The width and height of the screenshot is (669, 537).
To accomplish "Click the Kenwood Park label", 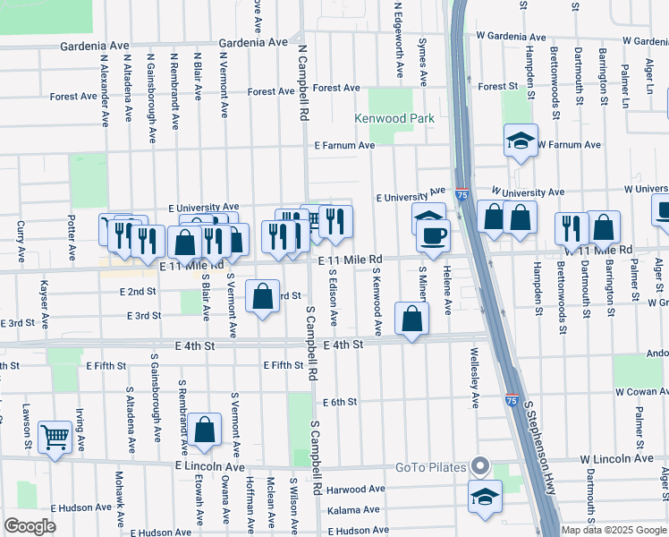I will (x=394, y=118).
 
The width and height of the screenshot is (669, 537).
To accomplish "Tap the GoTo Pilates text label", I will (x=433, y=467).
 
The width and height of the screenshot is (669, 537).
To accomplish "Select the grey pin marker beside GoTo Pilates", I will (x=480, y=466).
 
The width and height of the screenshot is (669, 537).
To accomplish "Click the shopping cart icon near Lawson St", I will (x=55, y=437).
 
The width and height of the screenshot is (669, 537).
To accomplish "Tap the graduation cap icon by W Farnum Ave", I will (x=520, y=141).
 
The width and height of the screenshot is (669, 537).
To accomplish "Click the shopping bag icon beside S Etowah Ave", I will (x=205, y=430).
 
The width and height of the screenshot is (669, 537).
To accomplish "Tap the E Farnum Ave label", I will (x=343, y=145).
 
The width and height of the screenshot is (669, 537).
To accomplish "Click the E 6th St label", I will (x=340, y=403).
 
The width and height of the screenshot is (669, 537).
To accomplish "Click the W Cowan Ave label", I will (x=641, y=392).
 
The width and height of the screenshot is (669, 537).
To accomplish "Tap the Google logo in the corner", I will (x=30, y=526).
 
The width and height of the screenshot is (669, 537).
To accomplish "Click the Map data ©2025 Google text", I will (x=613, y=530).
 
